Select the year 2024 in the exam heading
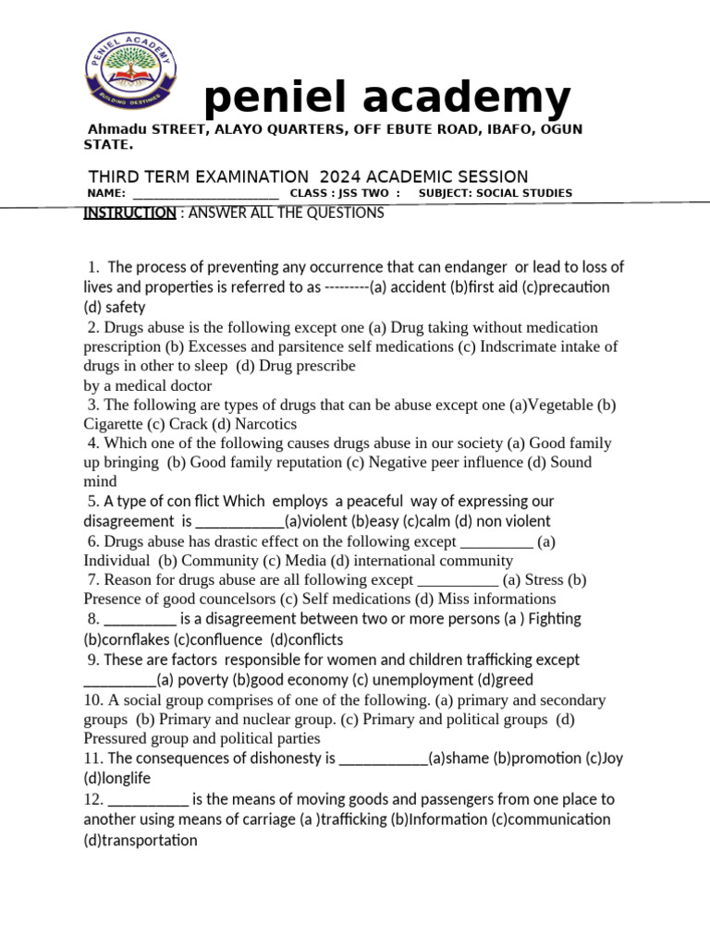(343, 176)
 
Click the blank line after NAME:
(205, 193)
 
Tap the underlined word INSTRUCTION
(129, 213)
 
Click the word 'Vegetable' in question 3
(560, 405)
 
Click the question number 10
(93, 700)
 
